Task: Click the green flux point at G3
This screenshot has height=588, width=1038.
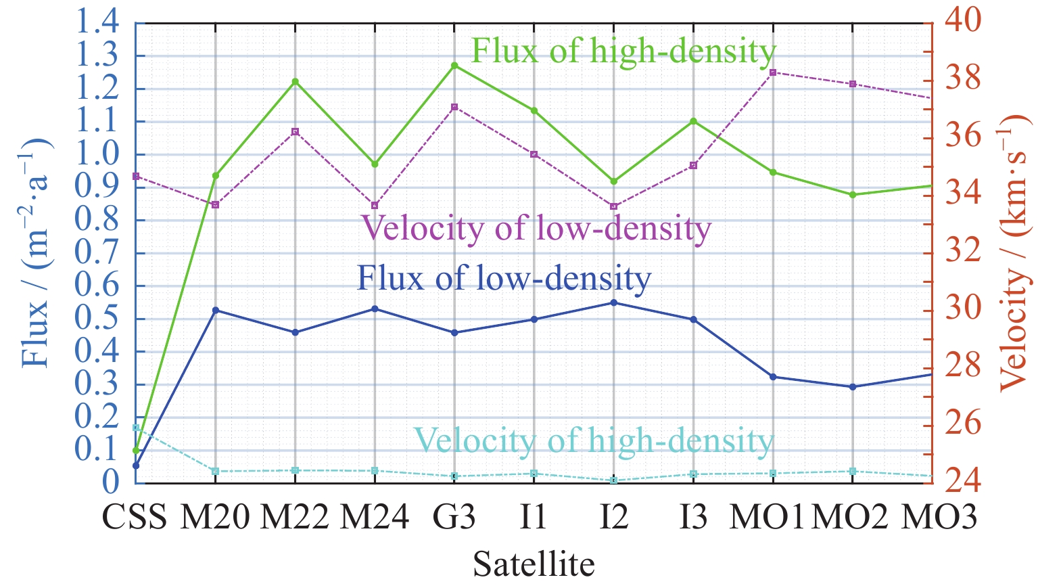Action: [x=454, y=66]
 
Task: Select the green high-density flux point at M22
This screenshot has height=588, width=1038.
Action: [x=295, y=82]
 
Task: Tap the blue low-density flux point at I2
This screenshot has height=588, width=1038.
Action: [x=614, y=302]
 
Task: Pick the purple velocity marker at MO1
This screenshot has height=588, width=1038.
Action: [x=773, y=72]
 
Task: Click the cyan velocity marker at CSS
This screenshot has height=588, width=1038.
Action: [x=136, y=428]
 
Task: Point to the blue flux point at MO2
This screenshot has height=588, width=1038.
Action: [x=852, y=387]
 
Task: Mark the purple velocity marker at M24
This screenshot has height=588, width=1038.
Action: [x=375, y=206]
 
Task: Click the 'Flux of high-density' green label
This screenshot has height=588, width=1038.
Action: [x=623, y=51]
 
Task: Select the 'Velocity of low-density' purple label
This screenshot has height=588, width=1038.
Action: [x=536, y=228]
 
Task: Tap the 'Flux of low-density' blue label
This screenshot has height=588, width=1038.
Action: [x=504, y=277]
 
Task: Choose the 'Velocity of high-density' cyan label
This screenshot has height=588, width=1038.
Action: [x=593, y=440]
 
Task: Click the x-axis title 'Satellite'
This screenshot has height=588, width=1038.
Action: [x=534, y=564]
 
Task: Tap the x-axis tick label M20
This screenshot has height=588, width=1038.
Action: [x=216, y=518]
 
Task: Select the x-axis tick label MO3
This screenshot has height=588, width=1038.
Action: [x=940, y=518]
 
